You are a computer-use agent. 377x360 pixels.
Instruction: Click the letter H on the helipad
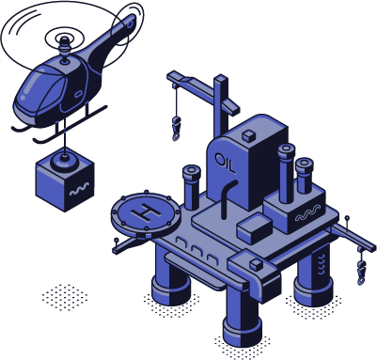[146, 212]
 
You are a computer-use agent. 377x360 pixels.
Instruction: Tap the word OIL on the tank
[225, 163]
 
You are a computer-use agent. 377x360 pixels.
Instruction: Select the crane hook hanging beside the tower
[176, 128]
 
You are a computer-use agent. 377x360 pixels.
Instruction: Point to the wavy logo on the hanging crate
[79, 189]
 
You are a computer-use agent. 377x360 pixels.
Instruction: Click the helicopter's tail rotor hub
[131, 23]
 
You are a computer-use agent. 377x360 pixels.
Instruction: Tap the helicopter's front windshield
[39, 88]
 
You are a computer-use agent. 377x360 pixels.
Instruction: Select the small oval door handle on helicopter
[78, 94]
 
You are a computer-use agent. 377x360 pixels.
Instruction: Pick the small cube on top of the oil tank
[249, 135]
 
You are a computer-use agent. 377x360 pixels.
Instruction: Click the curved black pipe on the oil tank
[228, 198]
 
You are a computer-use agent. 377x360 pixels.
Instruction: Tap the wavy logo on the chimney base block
[308, 213]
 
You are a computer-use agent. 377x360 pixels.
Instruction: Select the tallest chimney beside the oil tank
[287, 173]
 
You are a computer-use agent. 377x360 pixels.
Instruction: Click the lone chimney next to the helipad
[192, 188]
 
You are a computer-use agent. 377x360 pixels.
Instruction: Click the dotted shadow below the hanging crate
[65, 298]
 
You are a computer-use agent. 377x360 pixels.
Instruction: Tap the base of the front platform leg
[243, 331]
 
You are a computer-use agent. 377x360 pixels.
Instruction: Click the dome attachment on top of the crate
[64, 161]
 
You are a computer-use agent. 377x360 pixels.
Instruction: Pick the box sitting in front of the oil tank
[255, 228]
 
